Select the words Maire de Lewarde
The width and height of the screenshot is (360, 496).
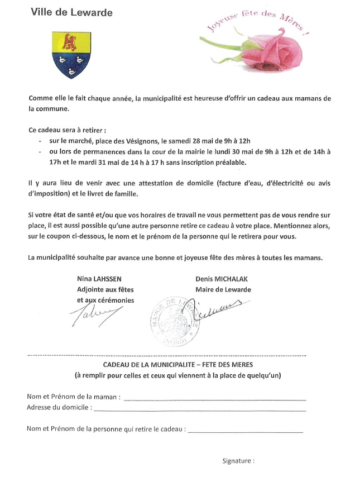tap(223, 289)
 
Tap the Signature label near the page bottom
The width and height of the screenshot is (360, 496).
tap(238, 461)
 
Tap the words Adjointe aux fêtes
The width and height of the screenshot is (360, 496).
tap(105, 289)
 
